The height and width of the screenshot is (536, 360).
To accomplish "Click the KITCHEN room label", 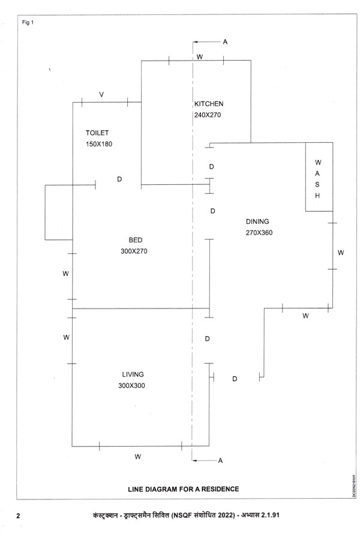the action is (209, 104).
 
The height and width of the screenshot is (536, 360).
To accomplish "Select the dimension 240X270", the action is (208, 115).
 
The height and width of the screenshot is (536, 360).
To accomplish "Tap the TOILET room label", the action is (97, 133).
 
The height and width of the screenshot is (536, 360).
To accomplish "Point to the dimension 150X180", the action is (99, 144).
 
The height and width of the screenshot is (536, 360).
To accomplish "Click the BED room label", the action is (135, 240).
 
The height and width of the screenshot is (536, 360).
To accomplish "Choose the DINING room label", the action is (257, 221).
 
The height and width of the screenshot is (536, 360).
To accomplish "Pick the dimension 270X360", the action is (259, 233).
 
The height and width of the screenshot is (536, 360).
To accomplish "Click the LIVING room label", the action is (133, 375).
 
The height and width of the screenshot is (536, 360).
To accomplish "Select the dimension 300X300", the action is (131, 385).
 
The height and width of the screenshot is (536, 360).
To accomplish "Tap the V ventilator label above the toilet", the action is (101, 95).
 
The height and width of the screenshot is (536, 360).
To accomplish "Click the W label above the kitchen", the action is (200, 57).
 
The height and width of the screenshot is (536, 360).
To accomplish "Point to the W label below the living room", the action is (137, 457).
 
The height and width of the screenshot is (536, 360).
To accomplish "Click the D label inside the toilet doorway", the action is (119, 179).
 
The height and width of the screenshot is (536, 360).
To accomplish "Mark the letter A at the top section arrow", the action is (225, 42).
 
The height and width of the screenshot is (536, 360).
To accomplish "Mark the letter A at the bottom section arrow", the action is (220, 460).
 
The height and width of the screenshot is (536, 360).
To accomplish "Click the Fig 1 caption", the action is (28, 23).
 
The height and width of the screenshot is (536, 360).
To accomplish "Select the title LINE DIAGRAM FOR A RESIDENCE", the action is (184, 489).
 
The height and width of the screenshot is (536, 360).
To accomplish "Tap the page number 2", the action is (18, 516).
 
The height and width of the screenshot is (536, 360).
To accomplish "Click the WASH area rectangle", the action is (319, 176).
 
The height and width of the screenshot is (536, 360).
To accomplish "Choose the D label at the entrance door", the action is (235, 379).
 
